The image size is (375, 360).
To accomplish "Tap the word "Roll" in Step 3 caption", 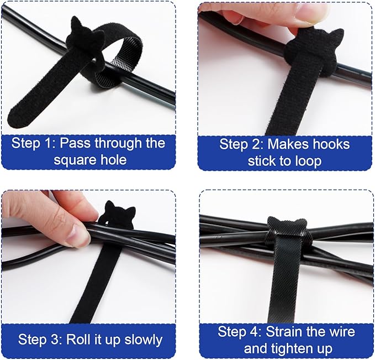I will click(80, 338).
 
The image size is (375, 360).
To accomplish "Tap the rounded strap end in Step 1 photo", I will click(22, 114).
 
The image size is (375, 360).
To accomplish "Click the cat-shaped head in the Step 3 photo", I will click(119, 214).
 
